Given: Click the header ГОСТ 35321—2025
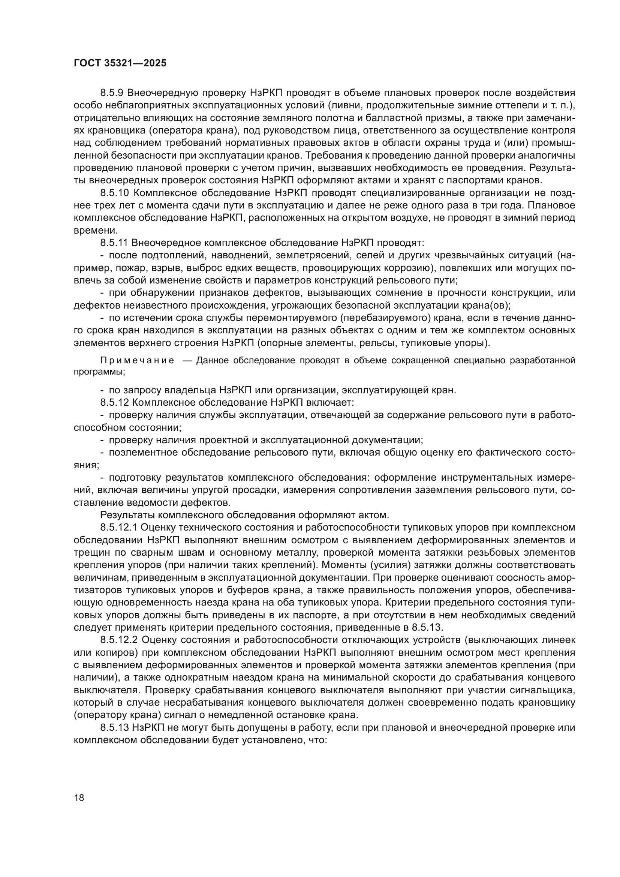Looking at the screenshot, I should tap(120, 63).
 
